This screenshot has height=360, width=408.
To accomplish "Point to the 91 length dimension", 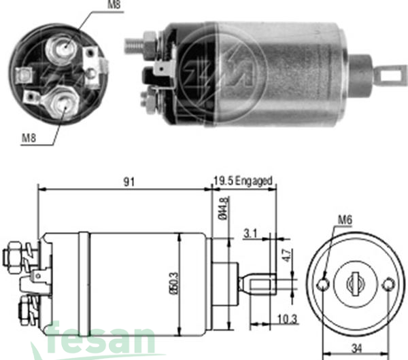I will pos(129,181).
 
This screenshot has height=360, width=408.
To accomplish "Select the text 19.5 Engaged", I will pos(242,181).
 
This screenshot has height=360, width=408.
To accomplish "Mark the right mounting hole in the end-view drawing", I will pos(388,283).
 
